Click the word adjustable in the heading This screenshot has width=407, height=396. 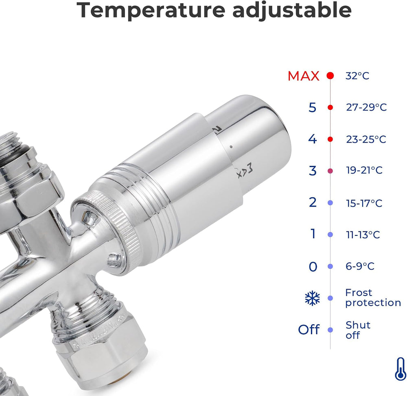tap(292, 11)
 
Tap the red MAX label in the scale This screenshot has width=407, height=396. tap(304, 76)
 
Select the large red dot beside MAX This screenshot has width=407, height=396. tap(330, 76)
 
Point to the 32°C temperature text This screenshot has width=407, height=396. tap(357, 76)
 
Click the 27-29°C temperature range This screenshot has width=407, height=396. tap(366, 107)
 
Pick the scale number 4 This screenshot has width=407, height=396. tap(313, 139)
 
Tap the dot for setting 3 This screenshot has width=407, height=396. tap(330, 171)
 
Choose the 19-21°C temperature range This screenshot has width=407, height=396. tap(364, 170)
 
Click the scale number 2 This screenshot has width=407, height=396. tap(313, 202)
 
